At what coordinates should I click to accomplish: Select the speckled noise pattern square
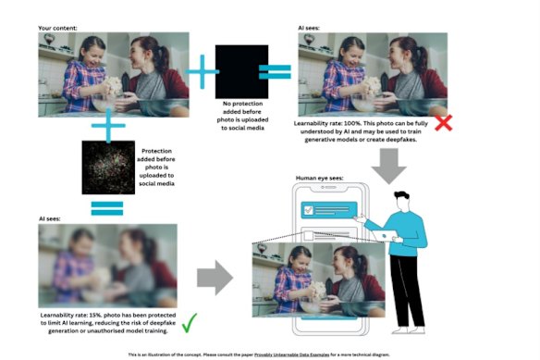click(x=108, y=168)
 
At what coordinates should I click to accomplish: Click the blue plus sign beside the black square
click(x=197, y=68)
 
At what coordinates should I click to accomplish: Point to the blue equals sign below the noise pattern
click(x=108, y=208)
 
